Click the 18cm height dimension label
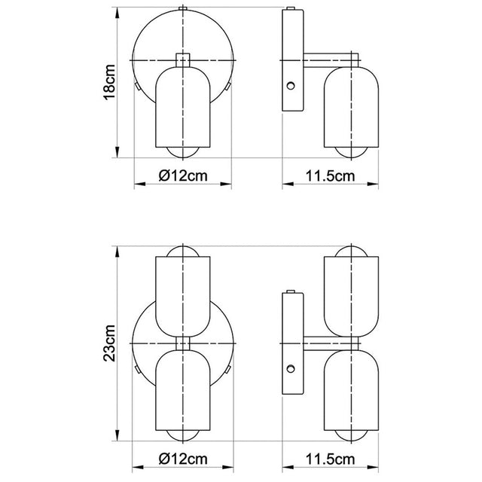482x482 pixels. tap(109, 83)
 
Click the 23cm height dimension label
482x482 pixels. tap(109, 343)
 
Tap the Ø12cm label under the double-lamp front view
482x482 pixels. tap(183, 458)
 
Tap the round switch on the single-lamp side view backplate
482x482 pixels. tap(290, 85)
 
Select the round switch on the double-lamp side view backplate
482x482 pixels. tap(290, 370)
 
